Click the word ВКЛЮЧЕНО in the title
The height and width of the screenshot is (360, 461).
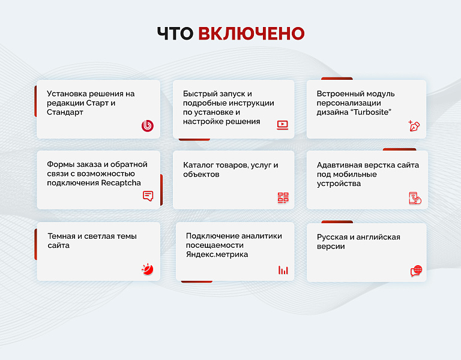click(251, 34)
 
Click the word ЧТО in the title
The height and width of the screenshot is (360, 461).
click(175, 34)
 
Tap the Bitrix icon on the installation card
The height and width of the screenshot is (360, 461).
click(148, 125)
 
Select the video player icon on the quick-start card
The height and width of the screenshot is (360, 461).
click(283, 125)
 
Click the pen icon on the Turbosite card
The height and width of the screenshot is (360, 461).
click(414, 126)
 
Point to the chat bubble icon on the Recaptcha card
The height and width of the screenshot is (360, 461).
click(148, 196)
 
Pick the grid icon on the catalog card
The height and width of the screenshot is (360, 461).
click(283, 197)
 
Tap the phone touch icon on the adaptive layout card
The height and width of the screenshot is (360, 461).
click(415, 198)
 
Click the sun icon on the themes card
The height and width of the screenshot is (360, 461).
click(148, 269)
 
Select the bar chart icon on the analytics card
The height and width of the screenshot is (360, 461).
click(283, 270)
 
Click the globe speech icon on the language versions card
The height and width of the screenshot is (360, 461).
click(416, 271)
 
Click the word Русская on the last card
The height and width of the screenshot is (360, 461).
click(334, 237)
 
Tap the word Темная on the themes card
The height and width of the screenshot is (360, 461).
click(62, 236)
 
